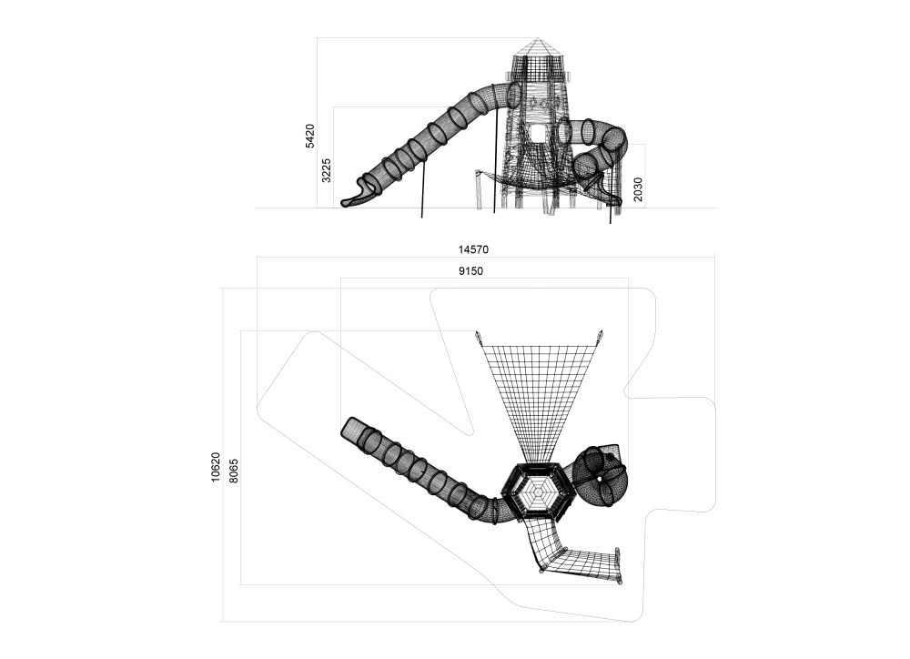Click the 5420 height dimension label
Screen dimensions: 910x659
click(x=310, y=136)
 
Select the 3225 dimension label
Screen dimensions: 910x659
click(x=327, y=170)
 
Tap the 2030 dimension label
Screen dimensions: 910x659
click(x=638, y=190)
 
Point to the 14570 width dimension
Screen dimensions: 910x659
click(x=473, y=249)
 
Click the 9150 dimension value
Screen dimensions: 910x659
click(x=470, y=270)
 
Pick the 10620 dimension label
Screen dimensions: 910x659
click(x=216, y=467)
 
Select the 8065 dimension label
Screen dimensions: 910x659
click(x=233, y=471)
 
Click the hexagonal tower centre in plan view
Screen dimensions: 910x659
click(x=538, y=494)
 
